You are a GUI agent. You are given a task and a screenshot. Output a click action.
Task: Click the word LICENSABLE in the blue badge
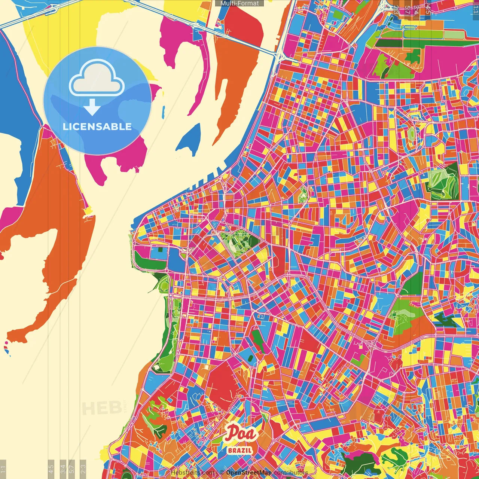point(97,126)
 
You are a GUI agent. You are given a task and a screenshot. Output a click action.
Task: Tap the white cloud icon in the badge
point(97,78)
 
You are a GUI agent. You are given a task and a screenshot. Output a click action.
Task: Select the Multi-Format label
point(239,3)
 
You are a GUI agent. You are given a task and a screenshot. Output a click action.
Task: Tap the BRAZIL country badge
point(240,450)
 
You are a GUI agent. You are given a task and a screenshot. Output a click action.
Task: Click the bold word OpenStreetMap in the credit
point(249,473)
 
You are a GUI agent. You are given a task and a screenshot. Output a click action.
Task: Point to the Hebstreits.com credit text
point(192,473)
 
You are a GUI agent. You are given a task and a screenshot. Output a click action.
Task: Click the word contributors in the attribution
point(291,473)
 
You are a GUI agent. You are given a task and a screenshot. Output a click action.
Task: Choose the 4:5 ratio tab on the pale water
point(51,468)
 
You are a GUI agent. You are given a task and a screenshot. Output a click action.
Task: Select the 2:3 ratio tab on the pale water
point(83,468)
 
